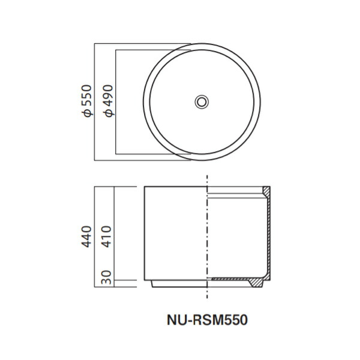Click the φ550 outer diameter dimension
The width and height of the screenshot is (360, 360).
coord(88,101)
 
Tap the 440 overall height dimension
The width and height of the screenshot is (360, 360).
coord(88,236)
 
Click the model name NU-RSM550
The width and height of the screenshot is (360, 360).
coord(206,320)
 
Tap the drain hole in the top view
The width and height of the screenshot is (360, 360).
coord(202,101)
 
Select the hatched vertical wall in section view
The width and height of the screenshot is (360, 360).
coord(268,240)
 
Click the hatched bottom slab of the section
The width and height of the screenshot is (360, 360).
coord(234,280)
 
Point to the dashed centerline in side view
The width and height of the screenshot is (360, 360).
coord(206,240)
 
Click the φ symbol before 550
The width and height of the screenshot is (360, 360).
coord(88,112)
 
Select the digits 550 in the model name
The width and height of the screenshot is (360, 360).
coord(236,320)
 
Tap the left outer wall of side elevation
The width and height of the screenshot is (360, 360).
coord(144,234)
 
